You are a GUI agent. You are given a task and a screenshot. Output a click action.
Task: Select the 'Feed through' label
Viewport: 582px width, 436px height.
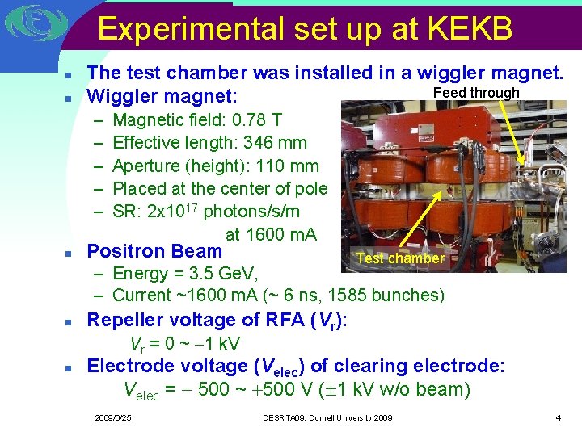(476, 93)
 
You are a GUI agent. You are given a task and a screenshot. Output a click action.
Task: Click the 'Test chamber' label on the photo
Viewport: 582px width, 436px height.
(400, 258)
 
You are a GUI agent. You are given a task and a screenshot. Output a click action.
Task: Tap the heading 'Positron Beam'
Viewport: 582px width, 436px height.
(154, 251)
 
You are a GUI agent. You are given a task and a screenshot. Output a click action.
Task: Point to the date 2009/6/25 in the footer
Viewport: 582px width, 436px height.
(113, 417)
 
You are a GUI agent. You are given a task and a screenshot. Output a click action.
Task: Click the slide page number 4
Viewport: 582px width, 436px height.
(558, 417)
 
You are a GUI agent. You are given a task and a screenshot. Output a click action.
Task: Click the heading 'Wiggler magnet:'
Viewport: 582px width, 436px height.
(162, 97)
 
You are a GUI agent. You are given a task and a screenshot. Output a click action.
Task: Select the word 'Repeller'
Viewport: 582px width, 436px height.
(124, 320)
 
